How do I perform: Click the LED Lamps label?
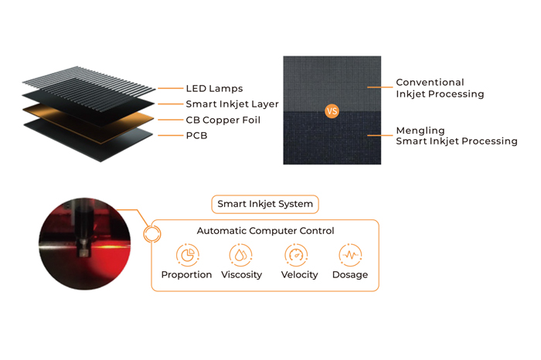coord(214,89)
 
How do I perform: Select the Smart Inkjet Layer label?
coord(232,104)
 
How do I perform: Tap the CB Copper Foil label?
coord(223,121)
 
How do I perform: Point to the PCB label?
coord(196,136)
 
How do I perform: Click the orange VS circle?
coord(332,111)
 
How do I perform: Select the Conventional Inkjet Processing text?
coord(440,88)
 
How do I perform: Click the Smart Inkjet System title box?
coord(265,204)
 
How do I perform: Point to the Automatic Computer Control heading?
coord(265,231)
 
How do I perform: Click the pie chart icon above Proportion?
coord(187,254)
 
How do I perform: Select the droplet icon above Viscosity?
coord(241,254)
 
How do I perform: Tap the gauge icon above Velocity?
coord(296,254)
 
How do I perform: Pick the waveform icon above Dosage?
coord(350,254)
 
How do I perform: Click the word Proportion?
coord(186,275)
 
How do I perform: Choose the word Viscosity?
coord(241,275)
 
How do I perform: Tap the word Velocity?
coord(299,275)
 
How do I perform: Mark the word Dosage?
coord(349,275)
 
